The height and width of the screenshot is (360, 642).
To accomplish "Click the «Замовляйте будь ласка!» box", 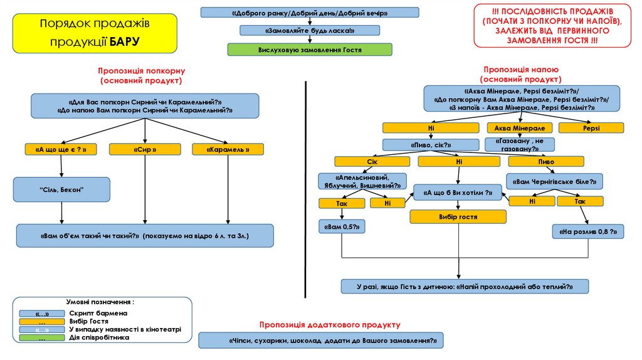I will [310, 30].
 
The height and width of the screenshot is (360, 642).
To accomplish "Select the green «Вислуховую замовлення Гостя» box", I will [310, 49].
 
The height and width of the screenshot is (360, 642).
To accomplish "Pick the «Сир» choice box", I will [145, 149].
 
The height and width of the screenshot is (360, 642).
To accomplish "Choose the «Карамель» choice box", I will [228, 149].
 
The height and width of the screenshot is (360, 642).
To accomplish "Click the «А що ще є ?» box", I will [61, 149].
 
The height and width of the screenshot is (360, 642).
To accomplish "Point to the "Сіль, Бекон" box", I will [61, 189].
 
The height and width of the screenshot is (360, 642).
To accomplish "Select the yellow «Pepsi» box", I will [591, 128].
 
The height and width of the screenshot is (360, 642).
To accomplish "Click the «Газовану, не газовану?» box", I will [520, 145].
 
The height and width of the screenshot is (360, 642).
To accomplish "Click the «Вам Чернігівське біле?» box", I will [554, 182].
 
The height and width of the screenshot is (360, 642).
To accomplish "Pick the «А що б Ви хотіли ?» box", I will [458, 193].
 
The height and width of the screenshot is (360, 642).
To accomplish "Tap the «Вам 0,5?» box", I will [342, 226].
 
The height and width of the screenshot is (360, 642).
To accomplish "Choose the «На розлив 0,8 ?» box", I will [588, 231].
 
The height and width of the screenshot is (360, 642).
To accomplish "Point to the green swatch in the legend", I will [42, 338].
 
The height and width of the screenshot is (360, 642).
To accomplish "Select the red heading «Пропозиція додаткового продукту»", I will [329, 324].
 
